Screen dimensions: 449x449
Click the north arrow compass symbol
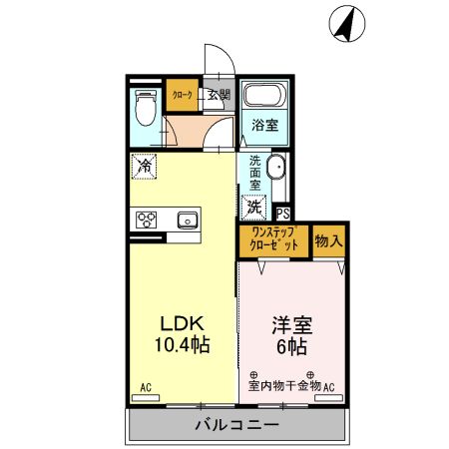(345, 25)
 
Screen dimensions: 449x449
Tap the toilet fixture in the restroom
(146, 106)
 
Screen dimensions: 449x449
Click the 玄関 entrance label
(219, 95)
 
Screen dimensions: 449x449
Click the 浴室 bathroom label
(264, 127)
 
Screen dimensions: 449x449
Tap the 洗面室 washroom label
(255, 173)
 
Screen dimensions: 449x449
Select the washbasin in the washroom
(276, 171)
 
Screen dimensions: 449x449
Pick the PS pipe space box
(282, 212)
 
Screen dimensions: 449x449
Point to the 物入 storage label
(328, 239)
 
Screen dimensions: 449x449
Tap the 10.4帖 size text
(184, 346)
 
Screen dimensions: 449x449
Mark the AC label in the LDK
(145, 387)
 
